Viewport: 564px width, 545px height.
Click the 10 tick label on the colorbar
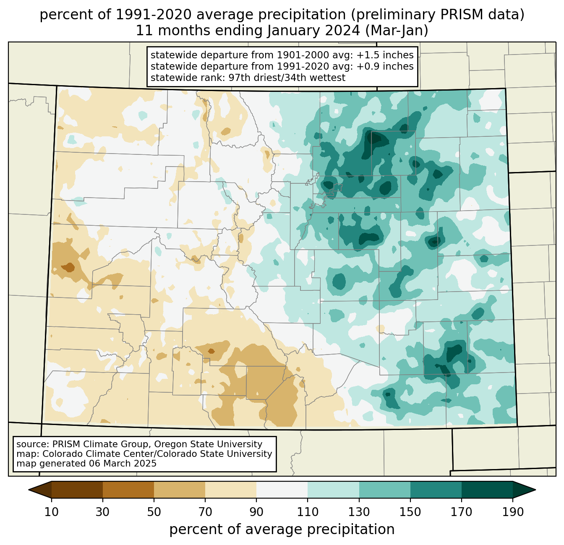coord(51,512)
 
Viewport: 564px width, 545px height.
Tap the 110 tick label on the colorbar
coord(308,512)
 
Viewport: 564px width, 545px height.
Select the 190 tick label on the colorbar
coord(513,512)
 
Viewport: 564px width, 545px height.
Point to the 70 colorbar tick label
coord(205,512)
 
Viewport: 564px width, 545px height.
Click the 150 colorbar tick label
coord(410,512)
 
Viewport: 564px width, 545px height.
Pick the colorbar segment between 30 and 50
coord(128,490)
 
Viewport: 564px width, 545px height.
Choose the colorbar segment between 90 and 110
coord(282,490)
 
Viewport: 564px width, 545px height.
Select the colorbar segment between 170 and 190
coord(487,490)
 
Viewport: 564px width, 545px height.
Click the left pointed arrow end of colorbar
coord(40,490)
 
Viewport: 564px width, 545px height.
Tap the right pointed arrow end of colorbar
coord(524,490)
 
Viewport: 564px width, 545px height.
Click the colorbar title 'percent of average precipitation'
coord(282,529)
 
